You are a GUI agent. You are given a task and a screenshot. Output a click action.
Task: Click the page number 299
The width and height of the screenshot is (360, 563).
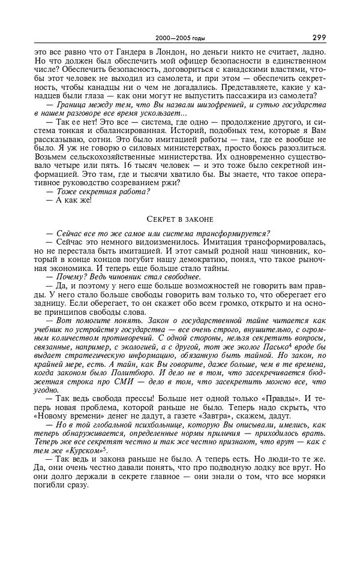tap(319, 37)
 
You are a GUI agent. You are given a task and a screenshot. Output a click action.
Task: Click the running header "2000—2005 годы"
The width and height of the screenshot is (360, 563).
tap(180, 38)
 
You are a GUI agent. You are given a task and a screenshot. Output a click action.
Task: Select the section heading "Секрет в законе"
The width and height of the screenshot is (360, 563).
tap(180, 219)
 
